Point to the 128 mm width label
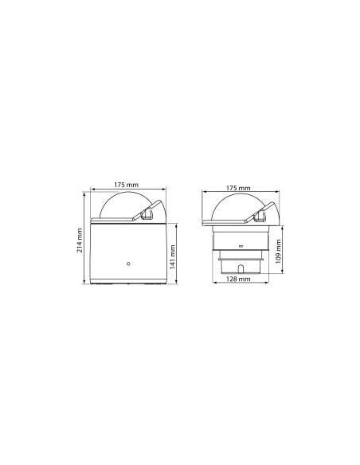click(x=239, y=280)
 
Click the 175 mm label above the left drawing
click(x=127, y=185)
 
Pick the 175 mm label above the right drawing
click(x=239, y=188)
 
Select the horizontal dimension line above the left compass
click(x=127, y=190)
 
